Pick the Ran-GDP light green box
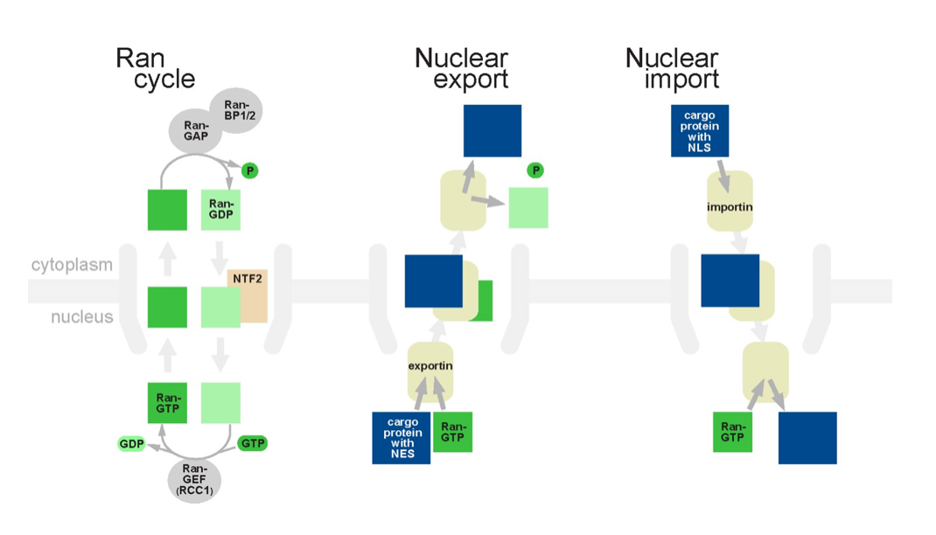tap(220, 210)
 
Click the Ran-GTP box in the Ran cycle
tap(167, 403)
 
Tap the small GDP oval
tap(131, 444)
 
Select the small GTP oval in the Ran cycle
tap(252, 444)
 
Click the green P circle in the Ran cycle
tap(250, 170)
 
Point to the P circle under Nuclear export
tap(535, 170)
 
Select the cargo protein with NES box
tap(402, 437)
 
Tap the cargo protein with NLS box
tap(700, 131)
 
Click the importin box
tap(730, 207)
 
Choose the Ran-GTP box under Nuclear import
tap(732, 432)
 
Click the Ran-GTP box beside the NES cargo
tap(452, 432)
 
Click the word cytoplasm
tap(72, 264)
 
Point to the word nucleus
tap(81, 316)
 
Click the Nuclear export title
tap(462, 69)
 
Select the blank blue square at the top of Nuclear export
tap(492, 131)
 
